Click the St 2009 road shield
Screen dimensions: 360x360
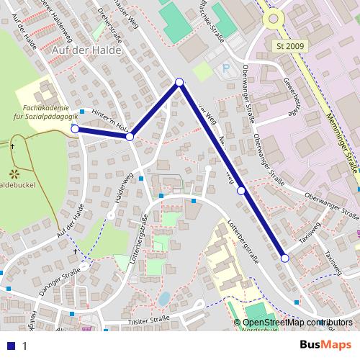pos(291,45)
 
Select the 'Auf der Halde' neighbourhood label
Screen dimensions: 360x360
pos(87,51)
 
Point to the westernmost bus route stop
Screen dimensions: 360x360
pos(75,128)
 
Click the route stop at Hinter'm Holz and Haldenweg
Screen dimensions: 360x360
pos(130,136)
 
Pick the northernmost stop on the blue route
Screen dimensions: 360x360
pos(179,82)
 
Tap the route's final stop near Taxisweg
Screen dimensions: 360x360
pos(284,258)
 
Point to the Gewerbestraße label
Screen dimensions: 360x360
pos(292,97)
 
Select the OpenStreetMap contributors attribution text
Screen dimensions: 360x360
pos(297,322)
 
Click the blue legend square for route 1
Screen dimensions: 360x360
pos(9,346)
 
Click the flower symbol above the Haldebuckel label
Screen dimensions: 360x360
pos(13,173)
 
